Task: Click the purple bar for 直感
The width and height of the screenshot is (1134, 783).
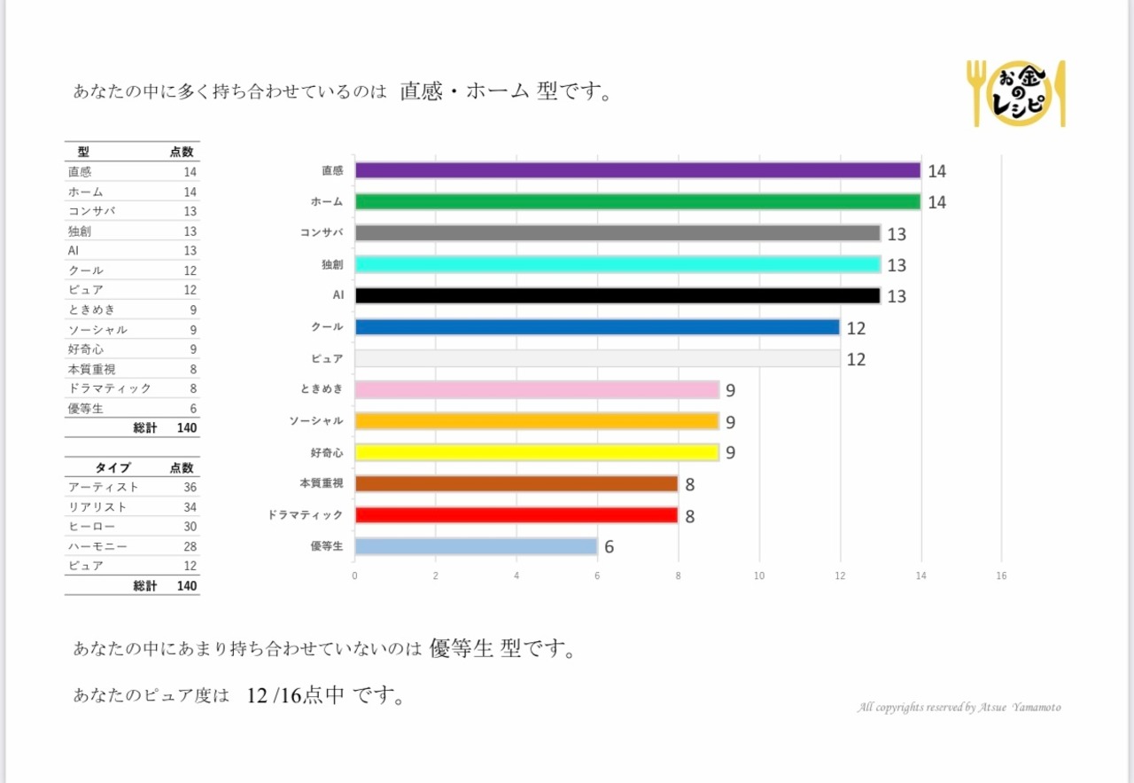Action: (638, 170)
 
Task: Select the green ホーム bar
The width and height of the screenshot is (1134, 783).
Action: (638, 201)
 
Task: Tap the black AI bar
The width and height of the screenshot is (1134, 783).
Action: (617, 295)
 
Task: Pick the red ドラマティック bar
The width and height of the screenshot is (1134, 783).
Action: (517, 515)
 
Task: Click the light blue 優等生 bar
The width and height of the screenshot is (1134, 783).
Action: (477, 546)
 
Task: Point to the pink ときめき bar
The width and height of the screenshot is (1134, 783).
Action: (537, 389)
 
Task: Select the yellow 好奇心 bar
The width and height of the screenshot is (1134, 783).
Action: (537, 452)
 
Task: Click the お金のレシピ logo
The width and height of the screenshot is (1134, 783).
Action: (1016, 93)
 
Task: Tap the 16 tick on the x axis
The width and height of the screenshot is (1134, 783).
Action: (1002, 576)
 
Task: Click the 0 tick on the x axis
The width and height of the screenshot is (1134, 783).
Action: (355, 576)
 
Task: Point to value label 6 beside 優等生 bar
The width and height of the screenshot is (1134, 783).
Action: (610, 547)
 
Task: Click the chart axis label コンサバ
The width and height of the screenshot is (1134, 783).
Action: (322, 233)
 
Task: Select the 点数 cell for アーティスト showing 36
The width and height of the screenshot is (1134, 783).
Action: (190, 488)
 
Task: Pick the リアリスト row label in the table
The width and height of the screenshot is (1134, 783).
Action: (97, 507)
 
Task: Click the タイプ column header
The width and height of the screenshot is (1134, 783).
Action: (113, 467)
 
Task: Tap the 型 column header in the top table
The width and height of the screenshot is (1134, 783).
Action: (83, 153)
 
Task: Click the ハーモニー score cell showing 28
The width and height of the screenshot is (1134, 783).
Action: (190, 546)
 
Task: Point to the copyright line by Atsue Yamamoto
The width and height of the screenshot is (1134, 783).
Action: (959, 708)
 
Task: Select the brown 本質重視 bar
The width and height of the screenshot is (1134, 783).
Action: (517, 483)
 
